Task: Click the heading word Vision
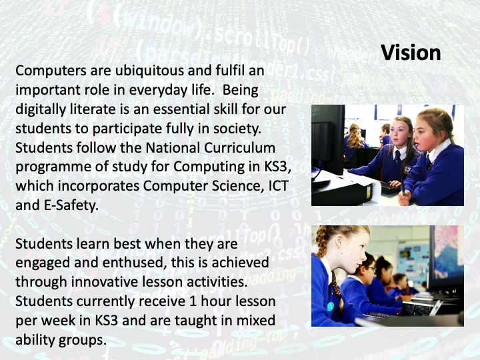(x=411, y=53)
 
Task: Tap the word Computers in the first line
(x=51, y=71)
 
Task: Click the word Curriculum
(x=239, y=147)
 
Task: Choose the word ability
(x=35, y=340)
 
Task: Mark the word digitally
(x=41, y=109)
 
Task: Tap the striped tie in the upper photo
(x=397, y=157)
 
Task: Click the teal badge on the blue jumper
(x=330, y=307)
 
